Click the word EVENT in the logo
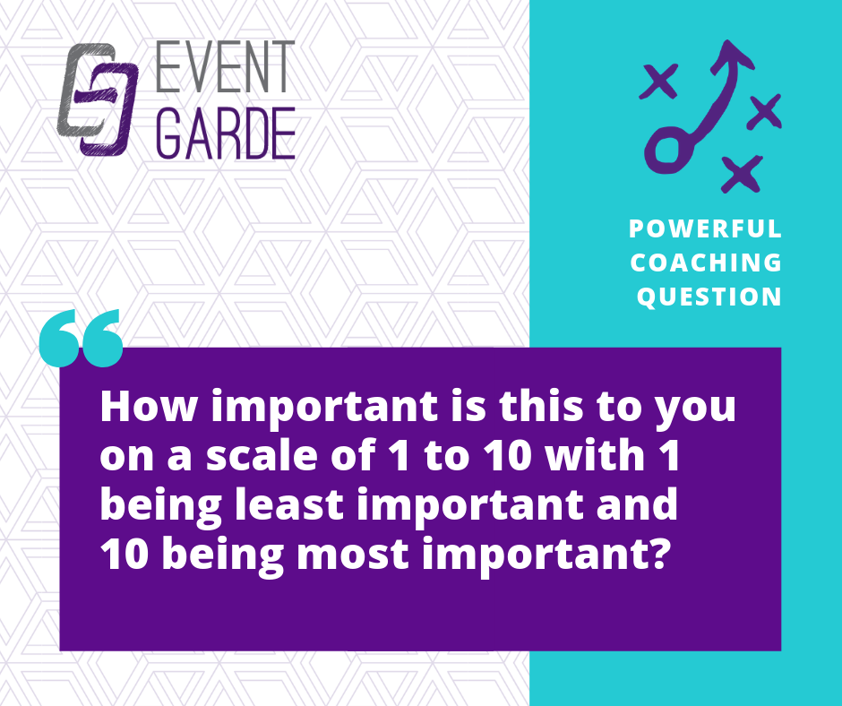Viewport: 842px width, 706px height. [x=225, y=66]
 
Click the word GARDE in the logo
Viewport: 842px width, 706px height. [x=226, y=133]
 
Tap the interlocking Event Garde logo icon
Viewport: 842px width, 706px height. [x=98, y=99]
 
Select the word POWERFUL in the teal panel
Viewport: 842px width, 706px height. [x=705, y=228]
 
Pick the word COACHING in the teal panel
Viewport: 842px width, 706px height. [x=706, y=263]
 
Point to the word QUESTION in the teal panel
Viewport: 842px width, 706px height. [x=709, y=297]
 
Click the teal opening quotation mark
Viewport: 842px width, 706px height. [x=82, y=338]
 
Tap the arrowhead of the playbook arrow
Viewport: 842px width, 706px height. [x=732, y=56]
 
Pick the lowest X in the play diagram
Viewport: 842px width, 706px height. [x=742, y=174]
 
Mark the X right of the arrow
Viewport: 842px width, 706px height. [x=765, y=111]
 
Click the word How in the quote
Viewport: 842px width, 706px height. [x=148, y=406]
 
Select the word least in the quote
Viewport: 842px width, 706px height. [x=289, y=504]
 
